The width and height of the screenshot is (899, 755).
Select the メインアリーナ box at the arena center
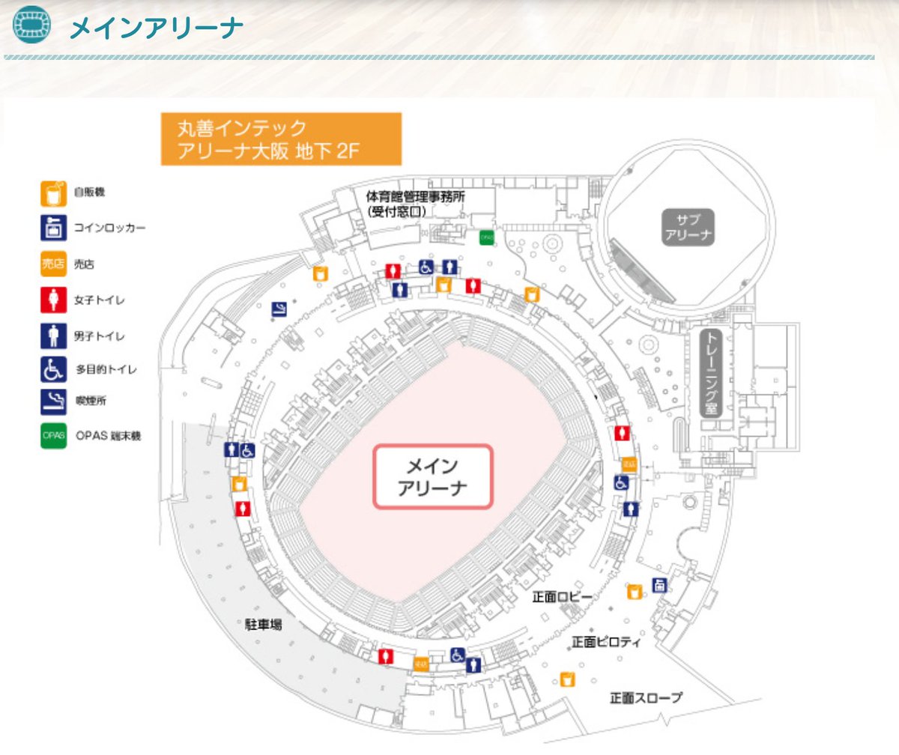432,477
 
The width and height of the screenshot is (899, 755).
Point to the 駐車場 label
264,624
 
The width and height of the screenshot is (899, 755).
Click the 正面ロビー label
562,596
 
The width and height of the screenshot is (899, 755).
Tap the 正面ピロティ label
606,642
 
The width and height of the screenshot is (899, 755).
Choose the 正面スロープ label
646,698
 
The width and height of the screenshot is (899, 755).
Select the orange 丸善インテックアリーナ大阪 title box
281,139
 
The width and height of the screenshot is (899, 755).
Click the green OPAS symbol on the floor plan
487,237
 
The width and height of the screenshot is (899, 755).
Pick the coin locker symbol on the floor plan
659,586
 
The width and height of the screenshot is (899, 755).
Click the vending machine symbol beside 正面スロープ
568,679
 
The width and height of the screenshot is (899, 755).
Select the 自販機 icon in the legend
49,193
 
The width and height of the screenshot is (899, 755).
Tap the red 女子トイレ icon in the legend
49,300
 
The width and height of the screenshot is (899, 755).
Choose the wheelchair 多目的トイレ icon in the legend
49,369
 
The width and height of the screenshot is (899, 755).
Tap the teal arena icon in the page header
33,25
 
